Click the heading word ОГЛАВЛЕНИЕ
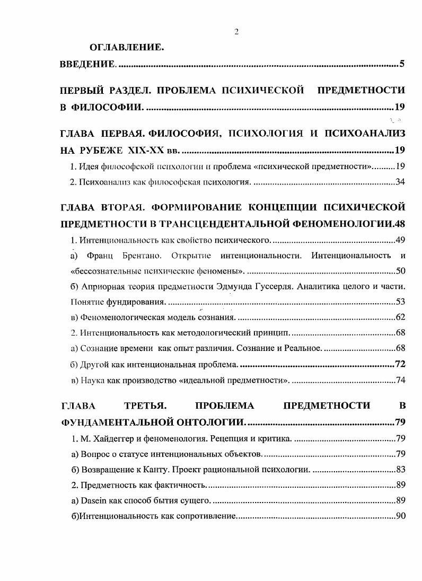126,48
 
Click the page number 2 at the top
236,31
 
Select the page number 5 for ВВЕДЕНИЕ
402,65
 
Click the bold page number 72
400,365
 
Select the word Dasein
93,500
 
